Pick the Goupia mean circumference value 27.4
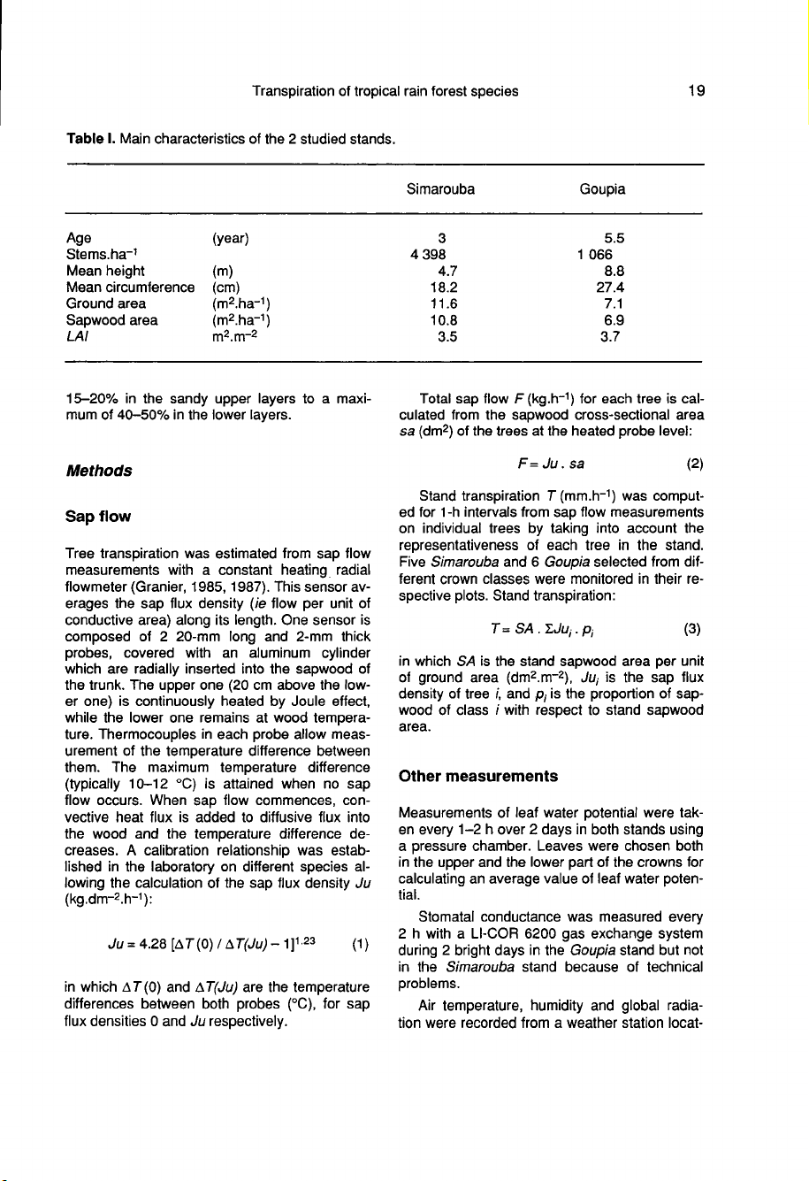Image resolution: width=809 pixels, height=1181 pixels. coord(610,287)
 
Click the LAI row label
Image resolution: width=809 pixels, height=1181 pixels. coord(77,336)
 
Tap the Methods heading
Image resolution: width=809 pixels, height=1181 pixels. coord(100,470)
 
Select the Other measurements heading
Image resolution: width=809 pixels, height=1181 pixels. coord(478,776)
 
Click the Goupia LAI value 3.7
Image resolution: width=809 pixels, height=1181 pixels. coord(614,336)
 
